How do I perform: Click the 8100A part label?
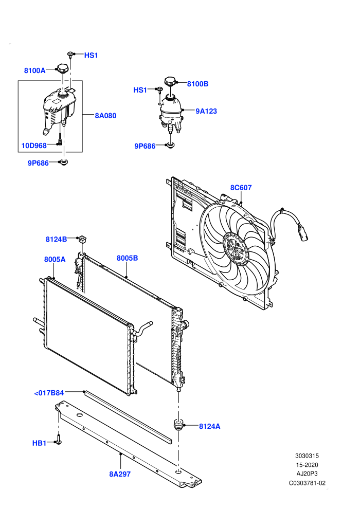(35, 70)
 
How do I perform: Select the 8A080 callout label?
(105, 116)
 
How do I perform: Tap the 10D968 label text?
(34, 146)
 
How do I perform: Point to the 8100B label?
(197, 84)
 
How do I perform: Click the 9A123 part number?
(206, 111)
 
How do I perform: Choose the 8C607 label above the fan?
(241, 187)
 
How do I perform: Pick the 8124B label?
(56, 239)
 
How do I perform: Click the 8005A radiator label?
(55, 259)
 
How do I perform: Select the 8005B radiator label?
(127, 258)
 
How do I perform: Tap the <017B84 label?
(49, 393)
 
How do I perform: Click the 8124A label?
(210, 426)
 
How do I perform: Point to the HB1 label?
(39, 443)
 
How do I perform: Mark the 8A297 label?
(120, 474)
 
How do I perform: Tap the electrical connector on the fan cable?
(301, 233)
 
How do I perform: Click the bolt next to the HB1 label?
(59, 440)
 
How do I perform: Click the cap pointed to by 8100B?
(170, 81)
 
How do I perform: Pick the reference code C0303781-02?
(307, 483)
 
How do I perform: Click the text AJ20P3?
(307, 474)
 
